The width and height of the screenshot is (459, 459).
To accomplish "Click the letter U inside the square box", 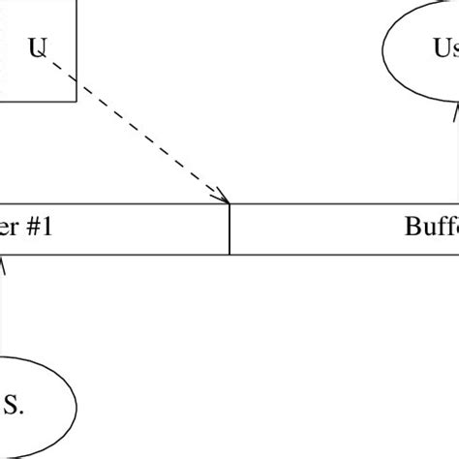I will pyautogui.click(x=37, y=47).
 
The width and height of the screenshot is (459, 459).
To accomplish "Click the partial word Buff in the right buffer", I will pyautogui.click(x=431, y=229).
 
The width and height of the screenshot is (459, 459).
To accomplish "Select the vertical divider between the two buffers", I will pyautogui.click(x=229, y=229).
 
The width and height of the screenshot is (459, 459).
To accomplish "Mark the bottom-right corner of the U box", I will pyautogui.click(x=76, y=100).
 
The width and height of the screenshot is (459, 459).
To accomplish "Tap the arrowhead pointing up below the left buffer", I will pyautogui.click(x=3, y=260).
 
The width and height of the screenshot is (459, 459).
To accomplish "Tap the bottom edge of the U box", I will pyautogui.click(x=39, y=100).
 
